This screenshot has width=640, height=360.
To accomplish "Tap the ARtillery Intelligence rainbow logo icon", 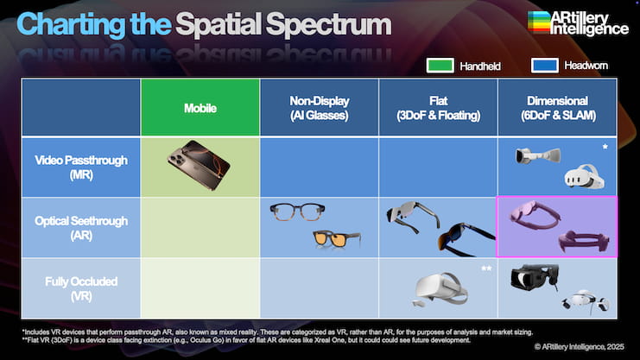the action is (539, 22).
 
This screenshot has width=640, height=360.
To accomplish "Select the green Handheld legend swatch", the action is (440, 66).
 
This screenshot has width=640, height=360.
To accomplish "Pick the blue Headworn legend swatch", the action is (545, 66).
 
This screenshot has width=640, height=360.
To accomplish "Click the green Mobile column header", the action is (200, 108).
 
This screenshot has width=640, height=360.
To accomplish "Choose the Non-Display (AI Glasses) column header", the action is (320, 108).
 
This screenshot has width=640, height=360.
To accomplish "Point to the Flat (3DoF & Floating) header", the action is (439, 108).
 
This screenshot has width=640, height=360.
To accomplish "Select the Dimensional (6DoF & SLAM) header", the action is (558, 108).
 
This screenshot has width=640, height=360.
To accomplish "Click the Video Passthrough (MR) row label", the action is (81, 167).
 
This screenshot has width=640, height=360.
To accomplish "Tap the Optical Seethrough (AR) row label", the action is (81, 228).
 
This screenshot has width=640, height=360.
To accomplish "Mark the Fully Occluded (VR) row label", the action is (81, 288).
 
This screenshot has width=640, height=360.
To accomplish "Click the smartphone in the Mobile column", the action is (199, 165).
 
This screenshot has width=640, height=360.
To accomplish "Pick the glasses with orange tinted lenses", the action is (337, 239).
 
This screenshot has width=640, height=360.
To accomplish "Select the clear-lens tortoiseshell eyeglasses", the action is (297, 212).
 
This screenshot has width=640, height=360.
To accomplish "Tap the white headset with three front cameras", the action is (584, 176).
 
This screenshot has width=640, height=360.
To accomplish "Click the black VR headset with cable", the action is (535, 276).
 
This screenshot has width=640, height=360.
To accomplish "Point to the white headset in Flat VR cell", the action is (440, 289).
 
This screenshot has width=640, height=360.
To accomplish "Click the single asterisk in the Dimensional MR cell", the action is (605, 147).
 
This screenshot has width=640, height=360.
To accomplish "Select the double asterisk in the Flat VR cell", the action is (486, 268).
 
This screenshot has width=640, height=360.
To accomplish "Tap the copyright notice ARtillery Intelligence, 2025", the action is (580, 346).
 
